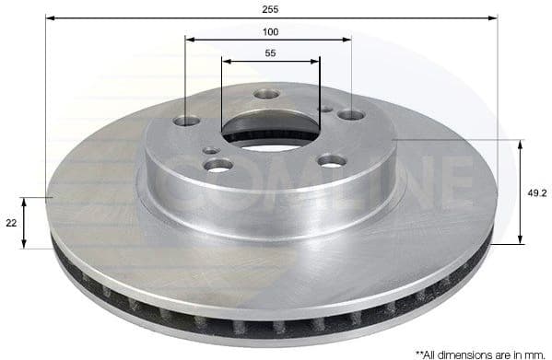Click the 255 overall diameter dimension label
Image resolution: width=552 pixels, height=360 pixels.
tap(270, 8)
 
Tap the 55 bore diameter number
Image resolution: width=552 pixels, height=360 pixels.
tap(270, 53)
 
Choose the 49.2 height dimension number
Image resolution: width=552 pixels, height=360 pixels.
tap(537, 192)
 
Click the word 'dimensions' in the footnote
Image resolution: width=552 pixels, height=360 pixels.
tap(464, 353)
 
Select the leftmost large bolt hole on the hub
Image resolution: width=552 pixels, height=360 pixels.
tap(187, 121)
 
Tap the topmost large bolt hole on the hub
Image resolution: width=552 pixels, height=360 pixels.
tap(266, 94)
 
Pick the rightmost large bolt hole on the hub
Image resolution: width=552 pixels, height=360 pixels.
tap(351, 115)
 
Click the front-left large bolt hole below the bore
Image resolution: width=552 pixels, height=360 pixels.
tap(219, 164)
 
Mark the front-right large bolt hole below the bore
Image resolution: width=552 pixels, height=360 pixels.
tap(333, 160)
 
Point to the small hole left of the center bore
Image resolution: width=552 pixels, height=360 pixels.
tap(211, 149)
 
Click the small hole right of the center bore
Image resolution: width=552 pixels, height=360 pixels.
tap(325, 109)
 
